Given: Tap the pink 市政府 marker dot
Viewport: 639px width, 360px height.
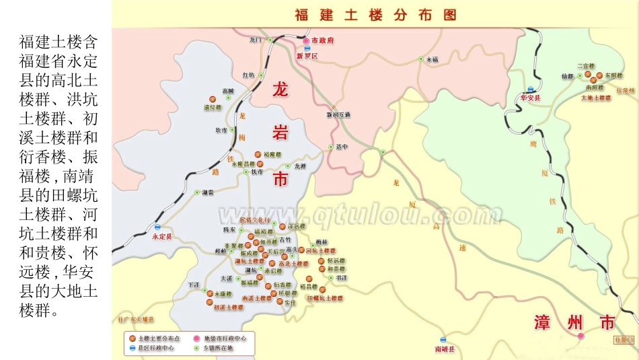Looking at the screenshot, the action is (x=306, y=40).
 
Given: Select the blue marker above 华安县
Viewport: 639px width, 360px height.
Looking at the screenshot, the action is (x=531, y=89).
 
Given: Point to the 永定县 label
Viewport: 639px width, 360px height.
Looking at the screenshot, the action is (x=162, y=237).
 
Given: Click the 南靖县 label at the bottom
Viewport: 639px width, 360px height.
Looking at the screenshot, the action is (x=445, y=349).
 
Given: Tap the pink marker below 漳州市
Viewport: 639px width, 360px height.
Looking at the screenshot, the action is (x=581, y=335).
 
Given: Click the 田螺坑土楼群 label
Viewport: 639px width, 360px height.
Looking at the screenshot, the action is (x=325, y=297).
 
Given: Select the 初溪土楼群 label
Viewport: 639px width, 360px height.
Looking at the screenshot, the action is (x=229, y=307).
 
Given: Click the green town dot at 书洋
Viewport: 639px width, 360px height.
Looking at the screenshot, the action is (x=330, y=277).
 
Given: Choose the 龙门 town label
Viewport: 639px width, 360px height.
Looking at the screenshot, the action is (x=255, y=40).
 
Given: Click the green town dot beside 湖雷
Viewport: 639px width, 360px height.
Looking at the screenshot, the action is (x=197, y=192).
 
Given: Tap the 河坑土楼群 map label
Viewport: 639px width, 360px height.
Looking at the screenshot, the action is (x=320, y=250).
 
